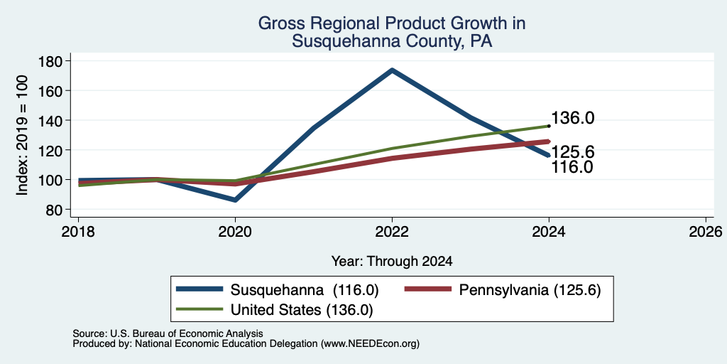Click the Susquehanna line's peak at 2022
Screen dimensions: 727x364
click(x=392, y=70)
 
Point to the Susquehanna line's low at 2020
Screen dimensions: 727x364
click(x=236, y=200)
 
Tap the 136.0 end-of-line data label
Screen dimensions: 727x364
click(x=573, y=118)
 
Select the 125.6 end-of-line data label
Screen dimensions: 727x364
click(x=573, y=152)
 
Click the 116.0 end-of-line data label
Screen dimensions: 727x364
click(x=573, y=166)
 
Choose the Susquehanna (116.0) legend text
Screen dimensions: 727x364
click(x=305, y=290)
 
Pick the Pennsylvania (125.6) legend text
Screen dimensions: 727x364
click(x=530, y=290)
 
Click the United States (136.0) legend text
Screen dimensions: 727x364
click(x=301, y=310)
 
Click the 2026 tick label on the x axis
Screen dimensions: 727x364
click(x=706, y=231)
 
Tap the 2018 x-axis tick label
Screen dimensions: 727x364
click(x=78, y=231)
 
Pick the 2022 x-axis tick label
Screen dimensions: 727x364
click(x=392, y=231)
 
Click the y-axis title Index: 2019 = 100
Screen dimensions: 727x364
click(x=22, y=135)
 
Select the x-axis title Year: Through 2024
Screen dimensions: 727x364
click(x=392, y=262)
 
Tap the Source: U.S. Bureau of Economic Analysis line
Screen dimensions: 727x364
click(x=168, y=333)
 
